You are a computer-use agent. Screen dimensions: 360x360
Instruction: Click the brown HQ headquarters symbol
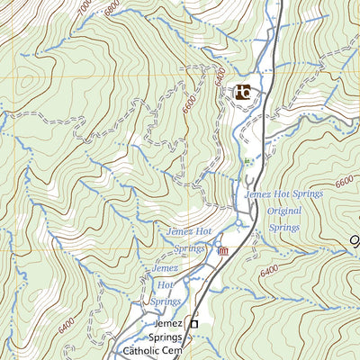coord(243,92)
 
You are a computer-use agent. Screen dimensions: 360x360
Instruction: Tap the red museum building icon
coord(222,250)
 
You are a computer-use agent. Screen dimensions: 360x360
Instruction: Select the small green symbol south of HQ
coord(247,161)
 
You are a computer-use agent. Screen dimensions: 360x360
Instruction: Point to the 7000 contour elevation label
coord(85,9)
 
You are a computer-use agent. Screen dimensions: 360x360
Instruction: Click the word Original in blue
coord(284,211)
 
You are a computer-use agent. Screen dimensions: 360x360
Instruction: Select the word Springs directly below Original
coord(284,228)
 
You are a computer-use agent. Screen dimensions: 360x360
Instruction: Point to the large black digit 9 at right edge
coord(354,241)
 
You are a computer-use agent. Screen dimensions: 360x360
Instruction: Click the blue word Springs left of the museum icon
coord(189,248)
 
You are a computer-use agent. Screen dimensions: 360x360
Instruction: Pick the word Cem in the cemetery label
coord(178,353)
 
